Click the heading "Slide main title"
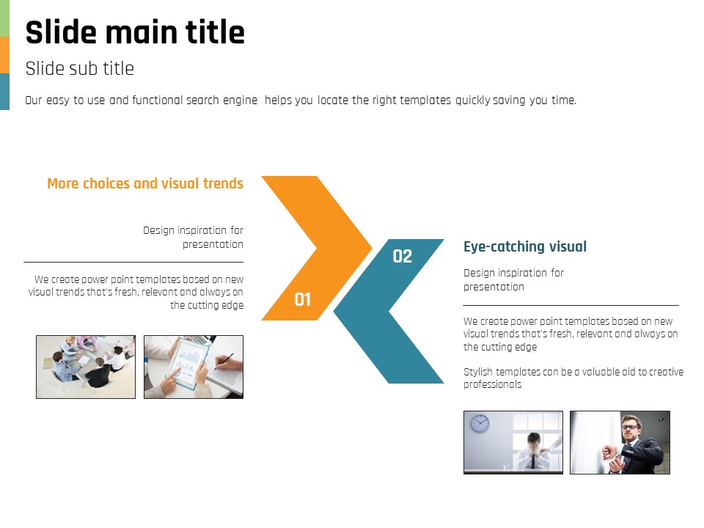135,32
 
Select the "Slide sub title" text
79,69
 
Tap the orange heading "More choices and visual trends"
145,183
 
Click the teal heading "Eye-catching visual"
525,246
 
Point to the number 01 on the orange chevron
303,299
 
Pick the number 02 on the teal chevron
403,257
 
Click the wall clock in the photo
480,423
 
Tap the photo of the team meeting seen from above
86,367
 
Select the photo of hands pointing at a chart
194,367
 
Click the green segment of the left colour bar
4,18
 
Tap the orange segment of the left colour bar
4,55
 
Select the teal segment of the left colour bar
4,92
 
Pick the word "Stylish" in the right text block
477,372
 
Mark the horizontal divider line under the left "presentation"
133,262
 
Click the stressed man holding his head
533,450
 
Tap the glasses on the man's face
630,427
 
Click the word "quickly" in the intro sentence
473,100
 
